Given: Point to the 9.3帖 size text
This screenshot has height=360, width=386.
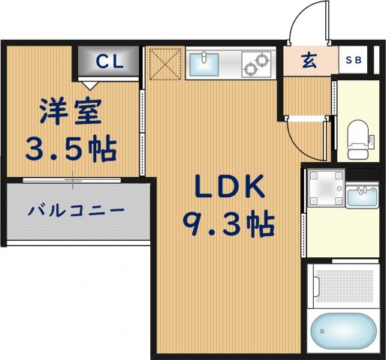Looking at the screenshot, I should [x=228, y=222].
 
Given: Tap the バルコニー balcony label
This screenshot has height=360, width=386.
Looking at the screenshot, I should [x=76, y=211].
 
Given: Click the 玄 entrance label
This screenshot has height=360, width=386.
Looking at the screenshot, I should [x=309, y=61].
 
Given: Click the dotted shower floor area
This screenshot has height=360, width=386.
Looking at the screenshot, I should [x=342, y=286].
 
